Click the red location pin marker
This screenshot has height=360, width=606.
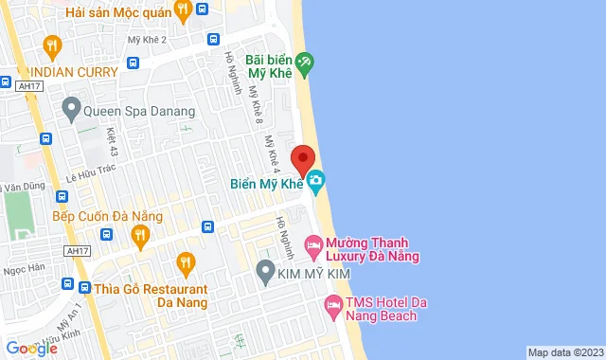coord(303,158)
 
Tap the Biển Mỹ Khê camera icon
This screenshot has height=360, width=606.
coord(316,180)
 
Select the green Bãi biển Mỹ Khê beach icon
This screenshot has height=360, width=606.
coord(304,63)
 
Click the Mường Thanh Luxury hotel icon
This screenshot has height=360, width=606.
coord(312,248)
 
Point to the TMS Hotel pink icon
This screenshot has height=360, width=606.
coord(332,304)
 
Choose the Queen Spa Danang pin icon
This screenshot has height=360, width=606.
coord(70,109)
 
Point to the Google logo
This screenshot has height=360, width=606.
coord(31,349)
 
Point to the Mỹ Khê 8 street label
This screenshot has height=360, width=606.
coord(254,104)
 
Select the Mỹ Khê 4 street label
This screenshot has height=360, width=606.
coord(273,149)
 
